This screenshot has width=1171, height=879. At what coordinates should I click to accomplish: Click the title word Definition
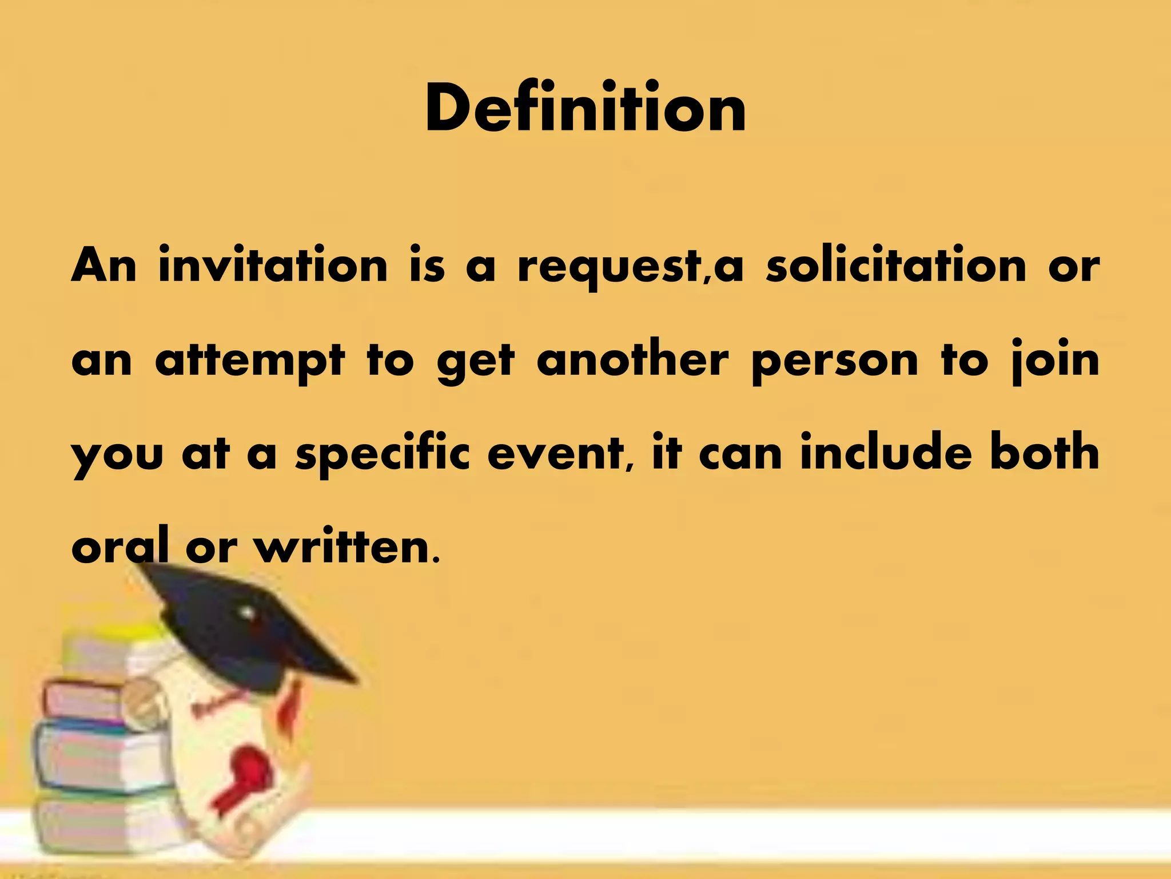click(x=585, y=109)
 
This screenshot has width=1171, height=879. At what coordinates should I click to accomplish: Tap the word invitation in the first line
click(x=273, y=266)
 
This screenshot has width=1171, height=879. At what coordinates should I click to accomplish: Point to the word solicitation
click(x=896, y=266)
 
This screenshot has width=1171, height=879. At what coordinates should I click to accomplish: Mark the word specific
click(x=383, y=456)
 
